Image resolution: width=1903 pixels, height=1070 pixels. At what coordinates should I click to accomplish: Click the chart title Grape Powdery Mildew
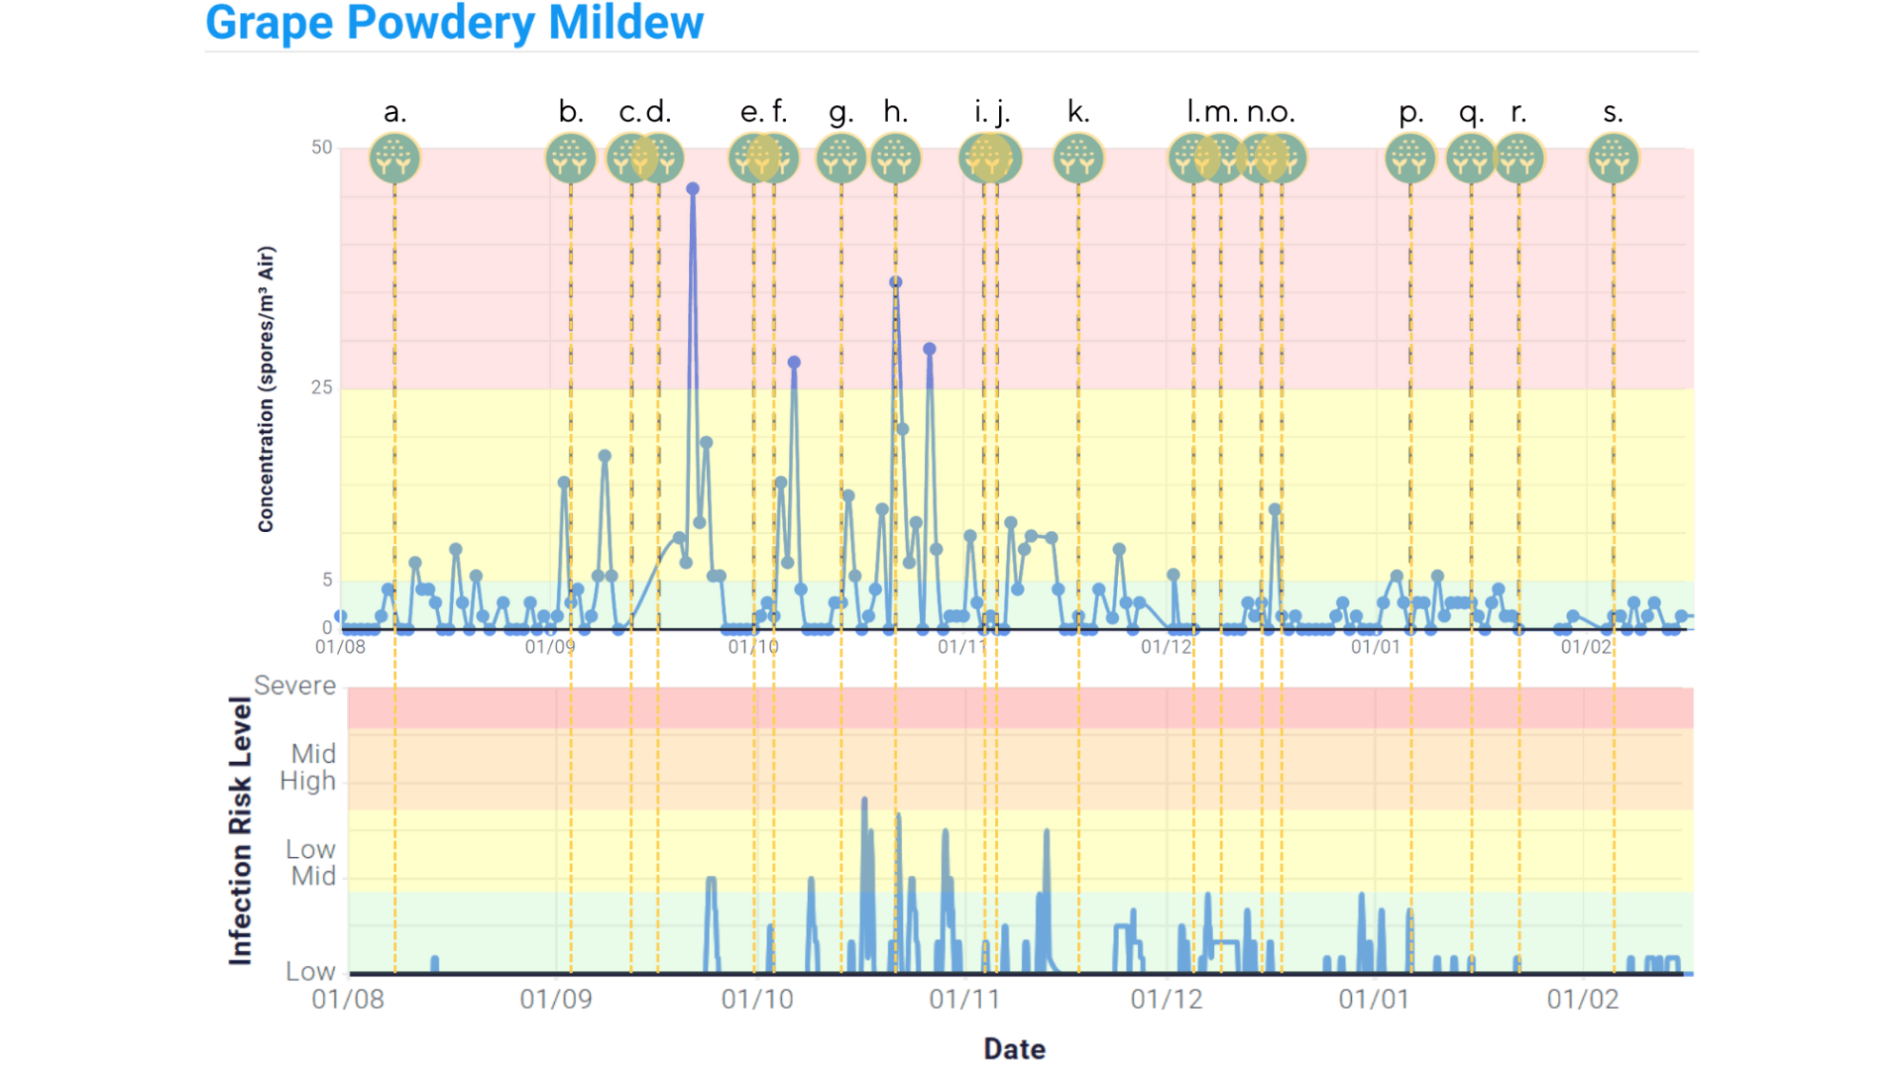pos(454,23)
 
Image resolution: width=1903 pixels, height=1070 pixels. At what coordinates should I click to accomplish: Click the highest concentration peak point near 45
pos(693,189)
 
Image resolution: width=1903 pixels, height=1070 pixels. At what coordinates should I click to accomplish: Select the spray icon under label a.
pos(394,159)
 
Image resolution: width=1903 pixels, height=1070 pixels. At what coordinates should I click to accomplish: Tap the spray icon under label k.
pos(1078,159)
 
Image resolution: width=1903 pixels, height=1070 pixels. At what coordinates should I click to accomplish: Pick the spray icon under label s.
pos(1614,159)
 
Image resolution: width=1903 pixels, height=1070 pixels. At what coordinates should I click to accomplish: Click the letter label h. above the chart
pos(895,112)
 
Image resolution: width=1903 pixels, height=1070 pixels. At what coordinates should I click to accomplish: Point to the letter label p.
pos(1410,113)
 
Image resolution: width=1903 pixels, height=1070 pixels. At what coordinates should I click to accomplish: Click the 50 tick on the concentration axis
pos(321,148)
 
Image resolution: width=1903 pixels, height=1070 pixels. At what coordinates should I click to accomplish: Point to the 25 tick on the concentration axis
pos(321,387)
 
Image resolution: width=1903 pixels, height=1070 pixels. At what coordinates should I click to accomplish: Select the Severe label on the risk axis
pos(294,686)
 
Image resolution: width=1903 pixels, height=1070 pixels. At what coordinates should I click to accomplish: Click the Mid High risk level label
pos(308,768)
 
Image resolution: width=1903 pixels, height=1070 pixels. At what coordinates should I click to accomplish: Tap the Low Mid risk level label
pos(311,863)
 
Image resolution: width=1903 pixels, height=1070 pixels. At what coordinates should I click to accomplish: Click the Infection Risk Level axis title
pos(240,830)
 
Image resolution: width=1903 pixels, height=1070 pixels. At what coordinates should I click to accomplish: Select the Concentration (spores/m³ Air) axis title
pos(266,389)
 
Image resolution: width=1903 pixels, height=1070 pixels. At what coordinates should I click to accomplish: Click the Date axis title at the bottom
pos(1014,1049)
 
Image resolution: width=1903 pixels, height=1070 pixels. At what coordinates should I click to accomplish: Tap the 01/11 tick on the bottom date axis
pos(964,999)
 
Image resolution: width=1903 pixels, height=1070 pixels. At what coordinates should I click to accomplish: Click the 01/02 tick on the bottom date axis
pos(1583,999)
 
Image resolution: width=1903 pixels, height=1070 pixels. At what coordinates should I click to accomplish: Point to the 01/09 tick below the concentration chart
pos(550,647)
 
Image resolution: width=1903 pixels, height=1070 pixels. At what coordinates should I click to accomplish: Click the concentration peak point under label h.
pos(896,282)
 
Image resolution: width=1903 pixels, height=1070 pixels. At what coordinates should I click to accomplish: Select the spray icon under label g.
pos(841,159)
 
